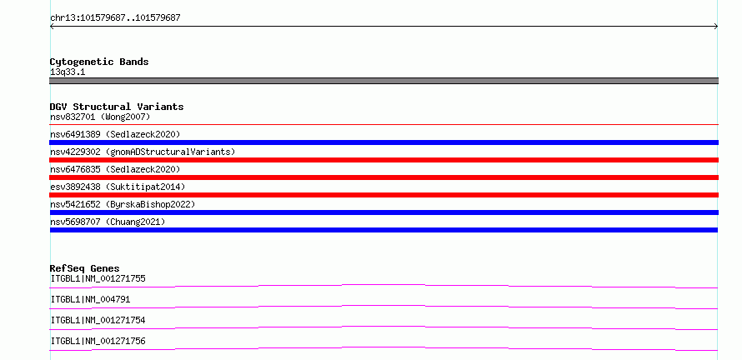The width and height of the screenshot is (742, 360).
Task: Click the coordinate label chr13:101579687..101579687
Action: (115, 18)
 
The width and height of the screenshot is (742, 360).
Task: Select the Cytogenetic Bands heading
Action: (99, 62)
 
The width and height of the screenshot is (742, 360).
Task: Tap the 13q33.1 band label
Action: (68, 72)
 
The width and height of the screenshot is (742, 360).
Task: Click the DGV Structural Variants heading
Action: (117, 107)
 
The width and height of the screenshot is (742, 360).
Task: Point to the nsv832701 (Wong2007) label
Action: (100, 117)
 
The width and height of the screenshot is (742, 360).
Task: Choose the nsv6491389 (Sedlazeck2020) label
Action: (115, 134)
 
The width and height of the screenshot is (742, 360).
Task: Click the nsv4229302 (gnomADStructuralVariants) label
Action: (143, 152)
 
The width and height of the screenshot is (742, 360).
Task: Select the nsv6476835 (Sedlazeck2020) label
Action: (115, 169)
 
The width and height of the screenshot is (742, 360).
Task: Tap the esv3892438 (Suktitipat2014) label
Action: (118, 187)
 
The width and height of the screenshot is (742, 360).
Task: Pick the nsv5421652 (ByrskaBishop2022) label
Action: (123, 204)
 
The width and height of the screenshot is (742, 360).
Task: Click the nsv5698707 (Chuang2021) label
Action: (108, 222)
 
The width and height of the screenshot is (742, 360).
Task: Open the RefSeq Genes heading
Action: (85, 268)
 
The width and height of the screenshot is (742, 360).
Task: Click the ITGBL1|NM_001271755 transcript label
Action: (98, 278)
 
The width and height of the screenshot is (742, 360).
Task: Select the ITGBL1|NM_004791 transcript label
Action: (90, 299)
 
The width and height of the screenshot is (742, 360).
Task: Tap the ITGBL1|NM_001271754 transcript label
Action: (98, 320)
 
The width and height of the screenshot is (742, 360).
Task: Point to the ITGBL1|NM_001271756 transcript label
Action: (98, 341)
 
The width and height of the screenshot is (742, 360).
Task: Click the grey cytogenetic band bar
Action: (384, 81)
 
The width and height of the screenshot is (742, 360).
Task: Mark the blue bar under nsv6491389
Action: (384, 142)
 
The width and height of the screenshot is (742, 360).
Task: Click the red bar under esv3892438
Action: (384, 195)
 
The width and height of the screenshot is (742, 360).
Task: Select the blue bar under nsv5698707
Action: (384, 230)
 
